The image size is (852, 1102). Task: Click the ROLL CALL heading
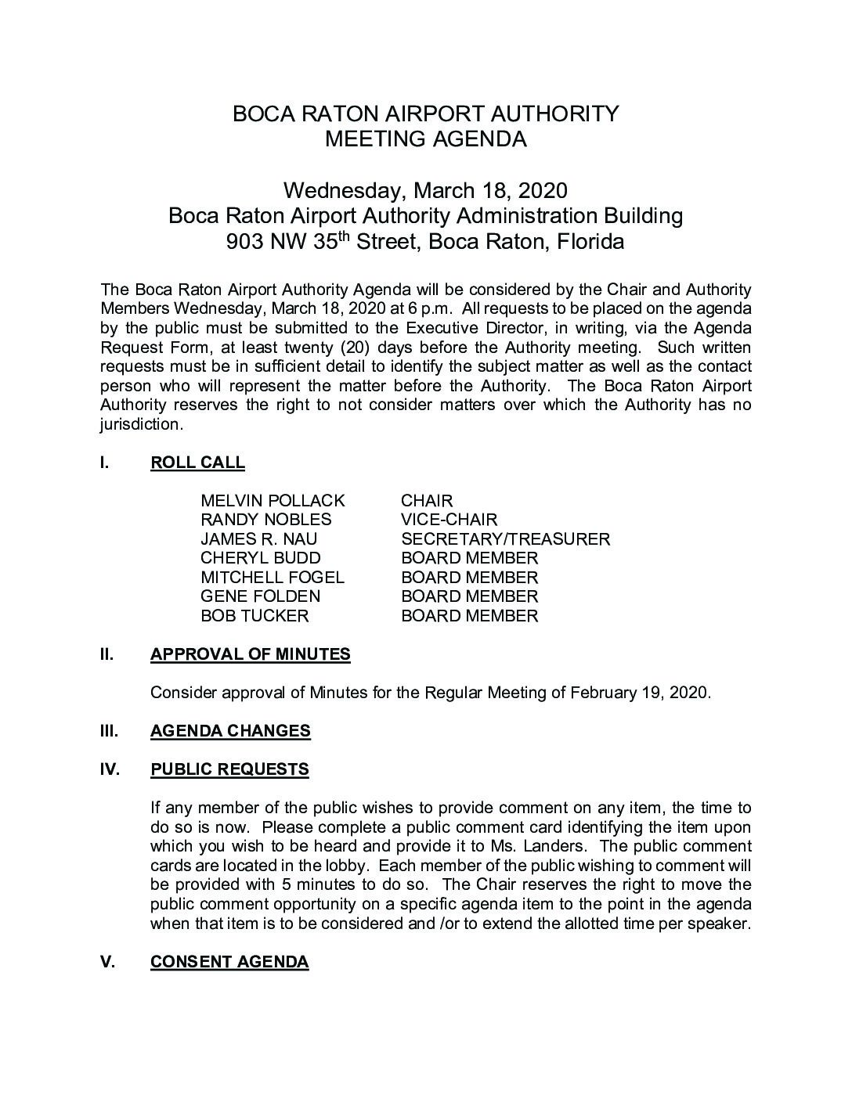[197, 463]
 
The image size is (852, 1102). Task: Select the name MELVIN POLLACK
[273, 501]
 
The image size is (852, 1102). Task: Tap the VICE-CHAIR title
[449, 520]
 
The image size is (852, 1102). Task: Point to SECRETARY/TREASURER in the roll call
[505, 539]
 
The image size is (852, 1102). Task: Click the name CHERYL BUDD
[260, 558]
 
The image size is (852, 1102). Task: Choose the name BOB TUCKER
[255, 616]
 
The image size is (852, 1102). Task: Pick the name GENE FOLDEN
[260, 596]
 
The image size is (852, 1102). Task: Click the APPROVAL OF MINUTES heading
[250, 654]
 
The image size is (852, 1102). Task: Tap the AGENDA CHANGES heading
[230, 731]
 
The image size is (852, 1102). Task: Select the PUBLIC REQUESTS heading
[229, 769]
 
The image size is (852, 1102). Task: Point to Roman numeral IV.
[110, 769]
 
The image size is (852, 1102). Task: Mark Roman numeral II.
[106, 654]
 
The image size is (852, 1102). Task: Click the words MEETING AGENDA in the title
[425, 139]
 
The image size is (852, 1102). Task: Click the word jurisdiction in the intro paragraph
[141, 424]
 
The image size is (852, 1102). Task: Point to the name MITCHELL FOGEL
[272, 578]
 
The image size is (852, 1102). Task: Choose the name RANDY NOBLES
[265, 520]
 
